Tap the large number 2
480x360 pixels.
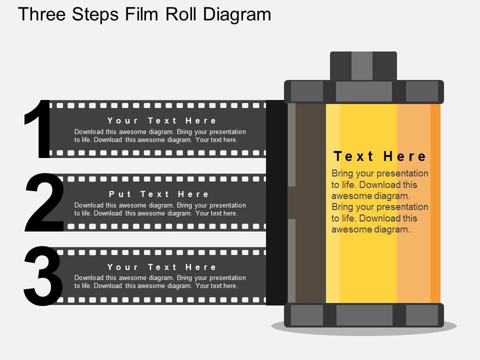[x=44, y=202]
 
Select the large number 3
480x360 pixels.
[x=43, y=275]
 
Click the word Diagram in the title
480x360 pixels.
[x=237, y=14]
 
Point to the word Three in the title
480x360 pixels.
[x=42, y=14]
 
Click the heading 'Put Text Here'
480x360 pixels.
[x=159, y=194]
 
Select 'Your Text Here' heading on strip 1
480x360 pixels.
[x=161, y=120]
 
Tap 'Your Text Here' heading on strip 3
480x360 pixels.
[x=161, y=267]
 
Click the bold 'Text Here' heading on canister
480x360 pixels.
[x=379, y=156]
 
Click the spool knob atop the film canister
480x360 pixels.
[x=363, y=66]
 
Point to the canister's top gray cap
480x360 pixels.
[x=364, y=91]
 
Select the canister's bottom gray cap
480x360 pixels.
[x=364, y=315]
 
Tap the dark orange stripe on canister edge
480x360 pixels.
[x=435, y=203]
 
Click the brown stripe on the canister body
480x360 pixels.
[x=310, y=203]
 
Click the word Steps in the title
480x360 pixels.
[x=95, y=14]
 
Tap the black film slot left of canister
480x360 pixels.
[x=276, y=202]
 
